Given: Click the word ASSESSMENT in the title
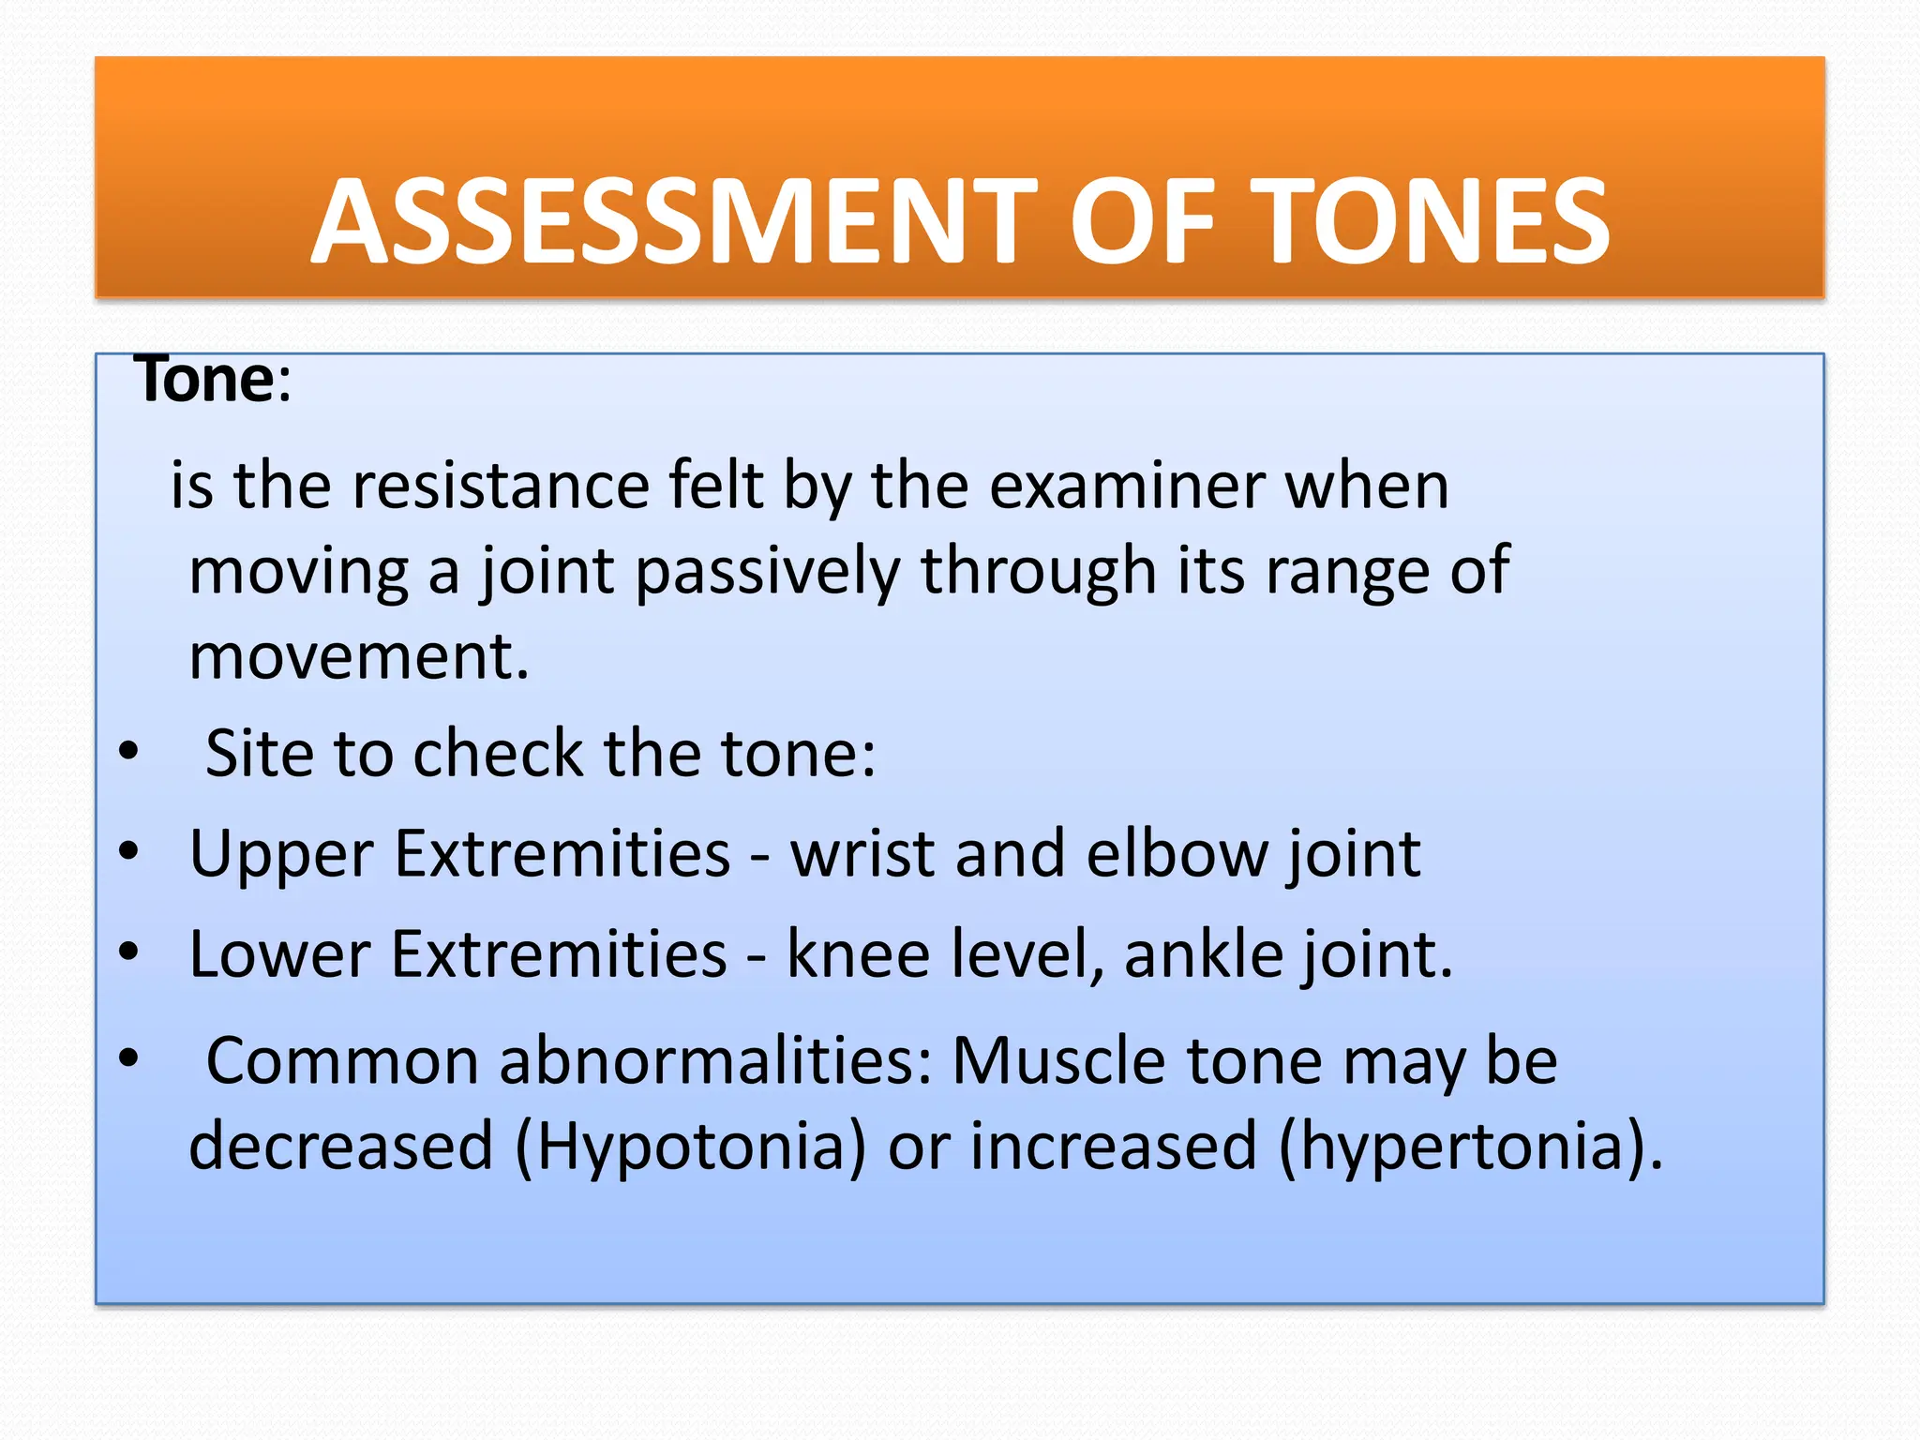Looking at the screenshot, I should coord(674,222).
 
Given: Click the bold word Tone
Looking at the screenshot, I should coord(205,380).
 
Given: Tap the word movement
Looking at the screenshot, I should coord(359,656).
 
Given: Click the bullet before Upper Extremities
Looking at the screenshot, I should coord(128,851).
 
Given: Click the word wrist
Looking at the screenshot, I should coord(862,853).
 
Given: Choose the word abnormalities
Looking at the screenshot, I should coord(716,1061).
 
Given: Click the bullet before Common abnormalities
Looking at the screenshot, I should coord(128,1057).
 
